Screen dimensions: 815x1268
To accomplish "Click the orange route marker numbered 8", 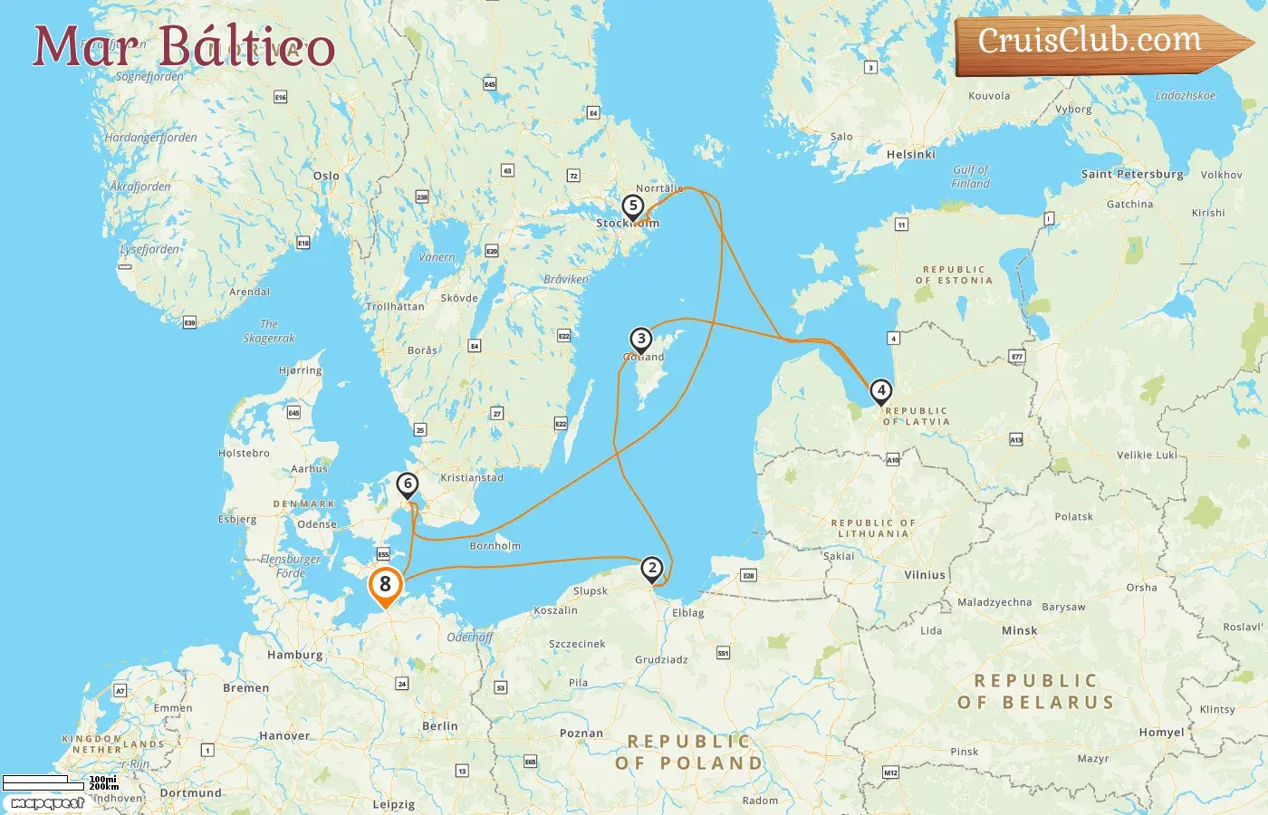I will click(x=385, y=585).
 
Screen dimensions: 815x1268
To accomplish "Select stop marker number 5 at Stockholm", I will click(x=633, y=206).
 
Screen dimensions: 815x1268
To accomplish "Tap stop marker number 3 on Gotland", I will click(x=641, y=340).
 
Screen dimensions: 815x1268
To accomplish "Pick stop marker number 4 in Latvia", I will click(x=880, y=390).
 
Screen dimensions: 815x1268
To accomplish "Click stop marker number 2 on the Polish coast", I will click(x=652, y=569).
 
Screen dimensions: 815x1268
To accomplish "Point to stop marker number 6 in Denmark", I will click(x=408, y=484).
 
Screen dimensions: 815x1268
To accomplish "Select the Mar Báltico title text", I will click(x=184, y=46).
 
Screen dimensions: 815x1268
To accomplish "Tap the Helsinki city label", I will click(x=910, y=155).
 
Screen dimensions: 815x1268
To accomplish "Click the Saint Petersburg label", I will click(x=1132, y=174).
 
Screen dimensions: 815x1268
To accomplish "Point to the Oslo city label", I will click(x=326, y=177).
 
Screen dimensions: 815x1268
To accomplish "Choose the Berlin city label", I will click(x=440, y=726).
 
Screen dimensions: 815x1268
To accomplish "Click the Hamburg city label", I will click(x=294, y=655).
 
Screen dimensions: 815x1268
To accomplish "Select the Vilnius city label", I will click(x=925, y=575).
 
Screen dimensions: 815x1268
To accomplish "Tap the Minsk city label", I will click(x=1019, y=631).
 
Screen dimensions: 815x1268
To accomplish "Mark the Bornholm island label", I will click(x=495, y=546).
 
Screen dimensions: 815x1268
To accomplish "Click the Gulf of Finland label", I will click(x=971, y=177).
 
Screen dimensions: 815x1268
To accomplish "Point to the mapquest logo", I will click(x=47, y=803).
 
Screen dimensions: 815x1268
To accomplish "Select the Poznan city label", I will click(x=581, y=733).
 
